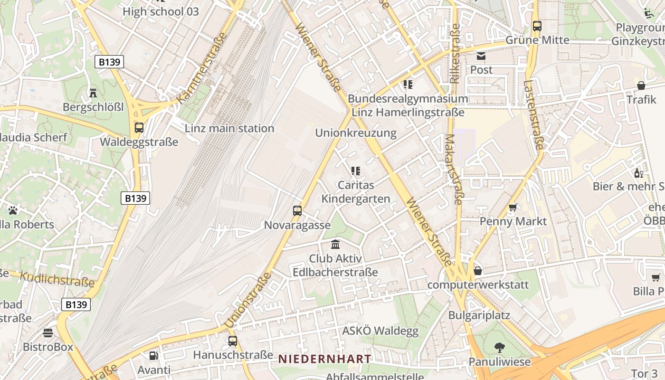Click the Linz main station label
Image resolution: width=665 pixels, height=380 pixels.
pos(229,128)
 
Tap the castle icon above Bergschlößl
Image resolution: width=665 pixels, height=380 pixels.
pos(93,93)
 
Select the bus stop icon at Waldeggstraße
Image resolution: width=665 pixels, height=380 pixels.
pos(139,127)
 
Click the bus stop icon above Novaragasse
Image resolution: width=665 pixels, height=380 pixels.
pos(297,210)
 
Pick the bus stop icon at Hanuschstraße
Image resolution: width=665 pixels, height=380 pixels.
pos(233,341)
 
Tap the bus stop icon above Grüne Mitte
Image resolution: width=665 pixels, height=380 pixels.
pos(537,26)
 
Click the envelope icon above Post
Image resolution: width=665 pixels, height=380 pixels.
pos(481,56)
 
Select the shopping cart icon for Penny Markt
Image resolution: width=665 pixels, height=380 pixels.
pos(513,207)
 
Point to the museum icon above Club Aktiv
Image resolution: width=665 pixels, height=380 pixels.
pos(335,245)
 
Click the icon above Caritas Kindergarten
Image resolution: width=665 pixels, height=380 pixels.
pos(355,171)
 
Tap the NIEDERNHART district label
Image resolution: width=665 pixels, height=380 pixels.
pos(324,359)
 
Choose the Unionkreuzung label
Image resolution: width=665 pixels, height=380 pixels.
pos(356,133)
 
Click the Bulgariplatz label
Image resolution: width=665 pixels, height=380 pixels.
pos(479,315)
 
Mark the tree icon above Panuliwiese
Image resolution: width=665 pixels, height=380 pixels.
pos(499,348)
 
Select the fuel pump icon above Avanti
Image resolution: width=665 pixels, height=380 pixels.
pos(153,355)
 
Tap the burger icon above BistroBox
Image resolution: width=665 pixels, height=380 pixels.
pos(48,332)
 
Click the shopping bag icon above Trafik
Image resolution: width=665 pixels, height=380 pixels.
pos(641,85)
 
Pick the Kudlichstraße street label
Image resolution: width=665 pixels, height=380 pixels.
pos(57,280)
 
